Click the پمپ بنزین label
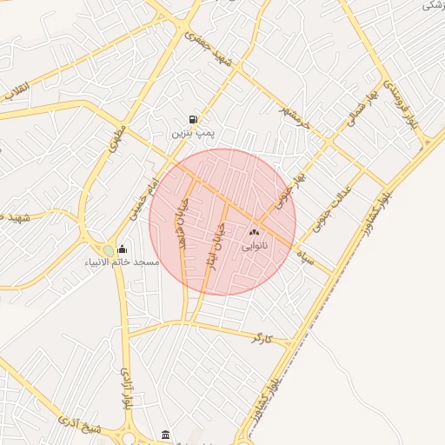191,135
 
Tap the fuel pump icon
191,120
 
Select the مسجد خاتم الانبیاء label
122,262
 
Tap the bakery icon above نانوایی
255,232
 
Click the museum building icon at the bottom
166,434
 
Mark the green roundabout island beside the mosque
108,251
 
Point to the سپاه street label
305,256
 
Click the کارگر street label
262,336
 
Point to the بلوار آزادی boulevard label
124,390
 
